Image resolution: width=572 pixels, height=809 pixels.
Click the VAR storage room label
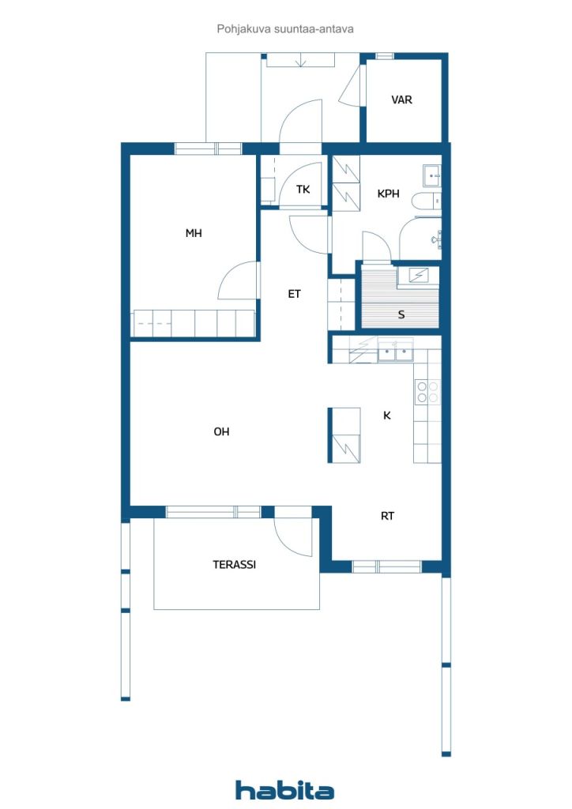click(x=401, y=100)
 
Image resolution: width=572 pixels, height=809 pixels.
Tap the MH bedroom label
click(x=194, y=233)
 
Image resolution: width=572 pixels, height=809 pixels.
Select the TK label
click(x=303, y=190)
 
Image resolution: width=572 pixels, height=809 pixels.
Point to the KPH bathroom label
click(x=389, y=194)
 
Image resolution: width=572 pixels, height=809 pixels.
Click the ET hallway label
click(x=294, y=294)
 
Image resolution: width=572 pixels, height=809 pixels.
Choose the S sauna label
click(x=401, y=314)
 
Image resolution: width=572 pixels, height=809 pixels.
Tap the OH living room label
click(x=221, y=431)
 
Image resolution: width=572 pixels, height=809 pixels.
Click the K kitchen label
click(x=387, y=416)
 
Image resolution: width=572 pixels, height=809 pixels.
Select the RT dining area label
click(x=387, y=516)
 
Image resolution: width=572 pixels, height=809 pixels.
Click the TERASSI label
click(x=234, y=564)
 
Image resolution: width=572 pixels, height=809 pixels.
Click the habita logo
click(x=284, y=790)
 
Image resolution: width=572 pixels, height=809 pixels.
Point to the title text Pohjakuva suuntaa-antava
click(x=285, y=29)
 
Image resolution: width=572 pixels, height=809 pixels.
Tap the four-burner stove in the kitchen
click(x=427, y=392)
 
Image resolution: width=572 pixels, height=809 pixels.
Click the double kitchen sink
click(x=396, y=351)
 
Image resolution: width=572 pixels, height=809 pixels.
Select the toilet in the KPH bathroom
click(x=427, y=201)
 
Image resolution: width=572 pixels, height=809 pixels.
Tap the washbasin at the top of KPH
click(x=431, y=176)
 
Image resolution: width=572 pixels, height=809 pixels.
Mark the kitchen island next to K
click(x=344, y=435)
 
